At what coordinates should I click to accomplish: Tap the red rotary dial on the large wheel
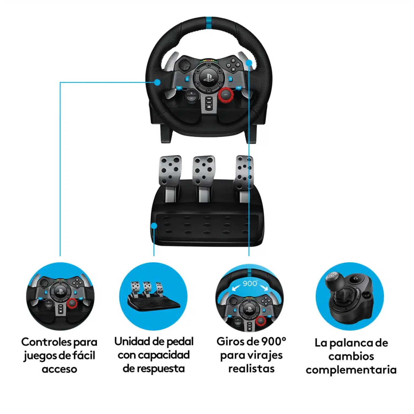(226, 95)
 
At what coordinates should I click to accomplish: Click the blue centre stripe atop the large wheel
(209, 22)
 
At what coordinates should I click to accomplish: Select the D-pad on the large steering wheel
(183, 66)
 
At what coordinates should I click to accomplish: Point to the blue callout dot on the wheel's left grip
(157, 82)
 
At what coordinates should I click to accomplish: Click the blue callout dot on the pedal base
(154, 226)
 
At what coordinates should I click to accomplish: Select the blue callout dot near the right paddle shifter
(249, 63)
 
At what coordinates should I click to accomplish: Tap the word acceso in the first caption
(59, 369)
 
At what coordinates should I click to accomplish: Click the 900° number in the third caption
(274, 342)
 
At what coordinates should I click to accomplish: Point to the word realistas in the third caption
(251, 369)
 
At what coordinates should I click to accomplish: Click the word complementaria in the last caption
(351, 370)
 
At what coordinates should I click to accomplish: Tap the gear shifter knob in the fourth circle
(333, 279)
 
